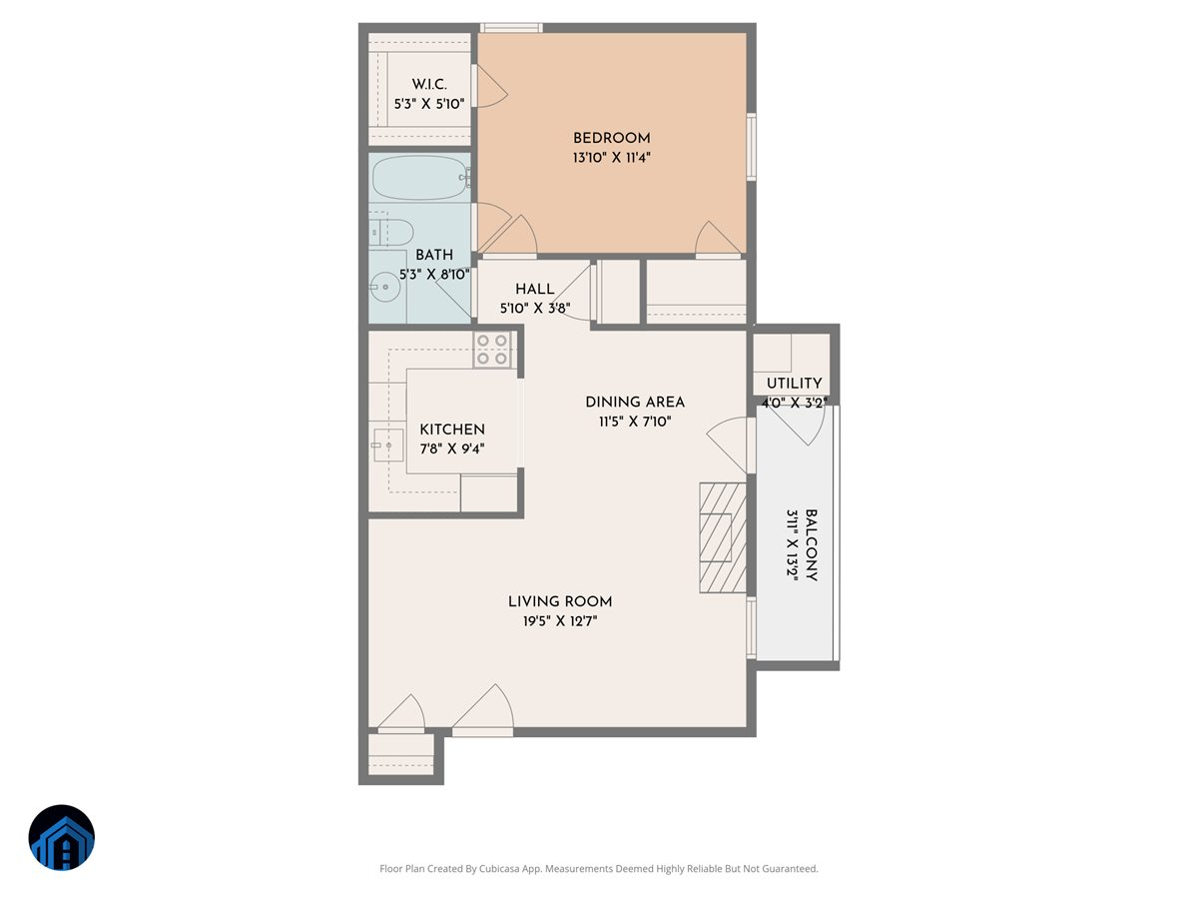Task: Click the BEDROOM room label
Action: [x=611, y=138]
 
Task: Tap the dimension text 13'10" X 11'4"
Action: [x=611, y=157]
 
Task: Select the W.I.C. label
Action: [x=429, y=84]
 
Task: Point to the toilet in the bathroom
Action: [x=391, y=233]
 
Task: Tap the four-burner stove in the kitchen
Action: [x=492, y=349]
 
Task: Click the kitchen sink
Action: [x=386, y=446]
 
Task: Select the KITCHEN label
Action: [x=452, y=429]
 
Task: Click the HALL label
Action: [x=534, y=289]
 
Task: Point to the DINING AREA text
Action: [x=635, y=402]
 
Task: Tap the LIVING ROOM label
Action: [x=560, y=601]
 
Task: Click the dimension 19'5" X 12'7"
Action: [x=560, y=620]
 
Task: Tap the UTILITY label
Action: [x=794, y=384]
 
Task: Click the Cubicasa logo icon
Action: [x=62, y=837]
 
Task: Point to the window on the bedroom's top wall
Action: [x=511, y=28]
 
